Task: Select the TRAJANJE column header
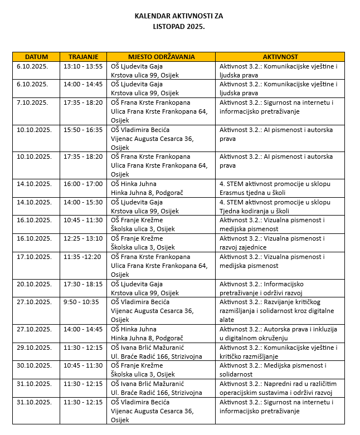83,57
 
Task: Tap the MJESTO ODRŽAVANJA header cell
161,57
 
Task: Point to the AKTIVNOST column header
280,57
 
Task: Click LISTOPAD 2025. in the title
179,26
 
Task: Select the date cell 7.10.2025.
32,102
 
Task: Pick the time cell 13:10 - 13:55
83,66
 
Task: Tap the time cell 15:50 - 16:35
83,130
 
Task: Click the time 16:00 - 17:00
83,184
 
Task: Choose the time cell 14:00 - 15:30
83,202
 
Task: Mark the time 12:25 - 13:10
83,238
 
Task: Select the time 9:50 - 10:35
81,302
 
